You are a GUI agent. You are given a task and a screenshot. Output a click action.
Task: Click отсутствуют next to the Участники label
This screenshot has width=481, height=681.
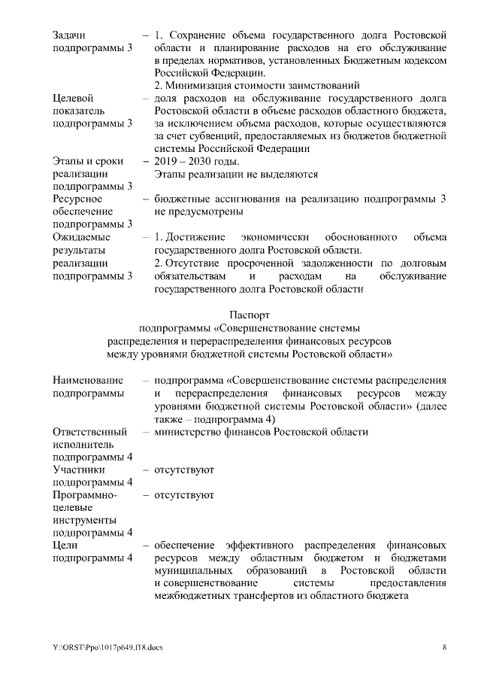tap(184, 470)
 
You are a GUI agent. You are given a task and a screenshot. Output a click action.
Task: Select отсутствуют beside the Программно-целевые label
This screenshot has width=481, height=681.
tap(184, 495)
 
